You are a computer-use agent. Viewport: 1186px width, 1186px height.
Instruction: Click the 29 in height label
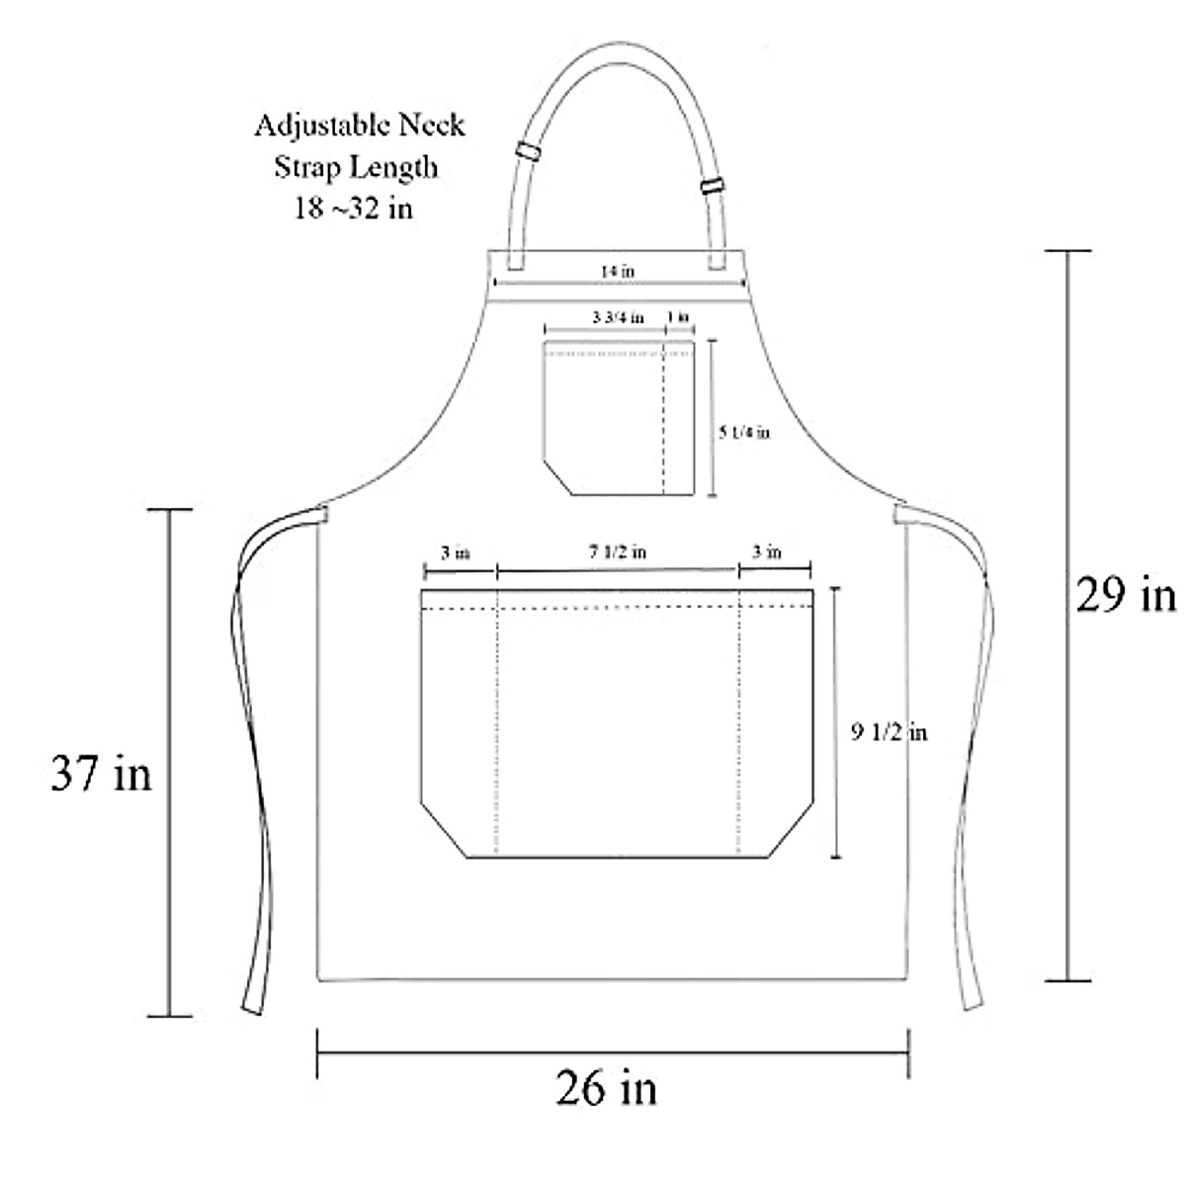[1125, 596]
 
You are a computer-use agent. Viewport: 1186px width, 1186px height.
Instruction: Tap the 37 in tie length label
[101, 774]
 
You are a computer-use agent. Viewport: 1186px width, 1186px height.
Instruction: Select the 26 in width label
[606, 1088]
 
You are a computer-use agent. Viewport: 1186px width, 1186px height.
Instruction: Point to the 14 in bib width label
[618, 271]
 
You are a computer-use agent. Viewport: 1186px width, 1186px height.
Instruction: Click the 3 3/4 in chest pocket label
[618, 317]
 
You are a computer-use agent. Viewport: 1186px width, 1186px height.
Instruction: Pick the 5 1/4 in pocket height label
[745, 432]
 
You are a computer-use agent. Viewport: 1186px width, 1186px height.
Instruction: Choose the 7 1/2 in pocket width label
[618, 551]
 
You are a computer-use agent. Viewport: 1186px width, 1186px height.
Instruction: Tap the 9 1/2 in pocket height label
[889, 732]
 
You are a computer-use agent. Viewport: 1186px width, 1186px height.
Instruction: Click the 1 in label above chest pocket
[678, 317]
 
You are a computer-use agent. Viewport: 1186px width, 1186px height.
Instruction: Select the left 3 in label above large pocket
[456, 552]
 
